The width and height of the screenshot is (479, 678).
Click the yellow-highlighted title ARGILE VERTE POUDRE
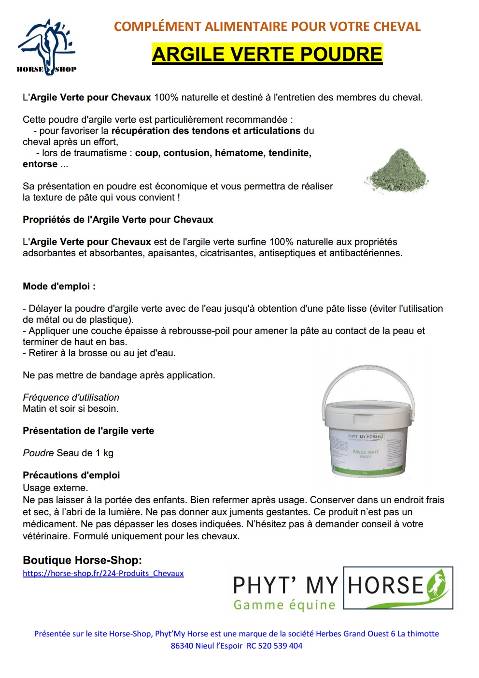pos(267,54)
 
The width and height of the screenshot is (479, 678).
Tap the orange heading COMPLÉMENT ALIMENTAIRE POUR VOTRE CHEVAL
pos(267,27)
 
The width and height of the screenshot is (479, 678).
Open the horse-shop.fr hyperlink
pos(103,574)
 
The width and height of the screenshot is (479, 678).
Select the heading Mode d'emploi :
pos(59,286)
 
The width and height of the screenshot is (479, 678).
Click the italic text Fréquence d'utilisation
pos(71,397)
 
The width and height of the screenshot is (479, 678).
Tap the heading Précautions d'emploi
pos(71,475)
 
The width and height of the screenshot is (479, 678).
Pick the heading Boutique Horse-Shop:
pos(82,560)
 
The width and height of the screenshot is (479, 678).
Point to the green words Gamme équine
pos(284,605)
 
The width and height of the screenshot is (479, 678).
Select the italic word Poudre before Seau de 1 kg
pos(38,453)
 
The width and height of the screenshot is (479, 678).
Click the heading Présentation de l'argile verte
pos(88,431)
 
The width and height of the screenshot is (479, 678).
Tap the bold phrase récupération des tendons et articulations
pos(206,130)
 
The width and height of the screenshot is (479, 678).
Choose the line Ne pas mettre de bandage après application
pos(119,375)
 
